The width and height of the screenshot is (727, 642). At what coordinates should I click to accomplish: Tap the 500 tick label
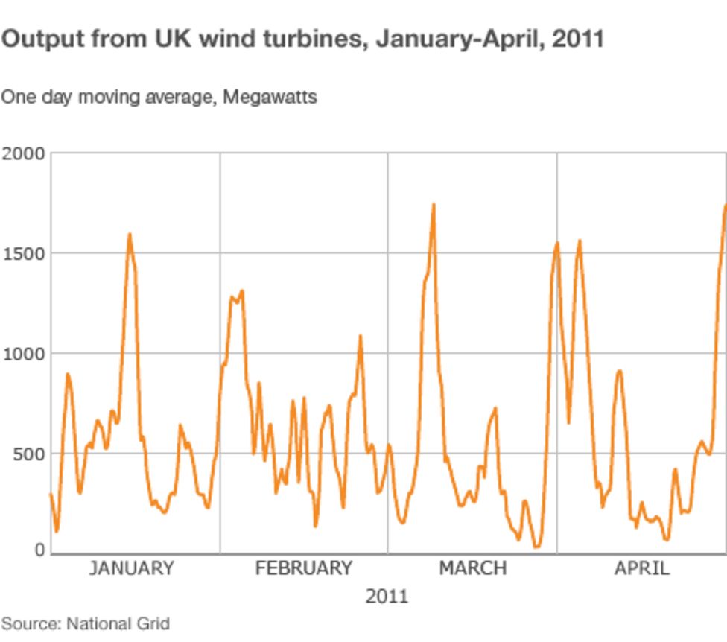29,453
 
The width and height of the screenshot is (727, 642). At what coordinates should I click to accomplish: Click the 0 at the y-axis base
39,550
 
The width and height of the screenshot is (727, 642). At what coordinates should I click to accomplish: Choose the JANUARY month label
131,568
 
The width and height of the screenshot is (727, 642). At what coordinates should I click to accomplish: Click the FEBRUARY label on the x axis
303,568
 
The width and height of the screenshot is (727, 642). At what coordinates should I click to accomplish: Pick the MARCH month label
472,568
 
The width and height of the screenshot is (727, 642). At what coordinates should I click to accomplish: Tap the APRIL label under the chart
641,568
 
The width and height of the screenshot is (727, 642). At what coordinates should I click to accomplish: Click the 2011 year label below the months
387,596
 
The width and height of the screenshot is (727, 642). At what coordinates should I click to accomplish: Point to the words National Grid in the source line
118,623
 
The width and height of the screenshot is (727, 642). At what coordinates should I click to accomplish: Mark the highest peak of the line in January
129,235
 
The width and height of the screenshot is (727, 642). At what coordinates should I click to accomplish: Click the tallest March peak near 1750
434,204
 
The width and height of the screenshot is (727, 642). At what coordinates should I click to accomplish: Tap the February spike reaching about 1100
360,336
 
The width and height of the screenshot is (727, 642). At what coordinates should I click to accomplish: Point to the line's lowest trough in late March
536,547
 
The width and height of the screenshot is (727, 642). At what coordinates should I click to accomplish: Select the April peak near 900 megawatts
619,370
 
